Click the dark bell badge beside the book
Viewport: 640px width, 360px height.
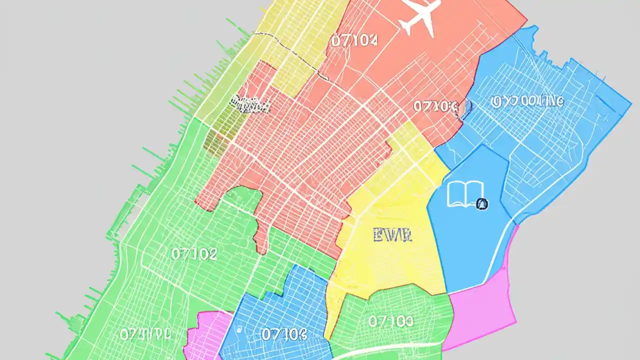pyautogui.click(x=482, y=203)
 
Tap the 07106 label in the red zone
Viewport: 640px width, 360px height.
pyautogui.click(x=435, y=106)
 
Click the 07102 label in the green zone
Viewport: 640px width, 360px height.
pyautogui.click(x=194, y=254)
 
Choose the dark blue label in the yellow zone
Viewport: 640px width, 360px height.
pyautogui.click(x=392, y=234)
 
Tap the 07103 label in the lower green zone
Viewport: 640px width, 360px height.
pyautogui.click(x=390, y=321)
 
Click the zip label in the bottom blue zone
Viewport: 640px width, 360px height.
pyautogui.click(x=283, y=334)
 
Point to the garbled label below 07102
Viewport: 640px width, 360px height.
pyautogui.click(x=145, y=333)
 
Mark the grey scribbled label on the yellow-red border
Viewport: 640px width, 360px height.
pyautogui.click(x=250, y=104)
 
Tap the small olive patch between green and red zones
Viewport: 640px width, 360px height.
pyautogui.click(x=216, y=142)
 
